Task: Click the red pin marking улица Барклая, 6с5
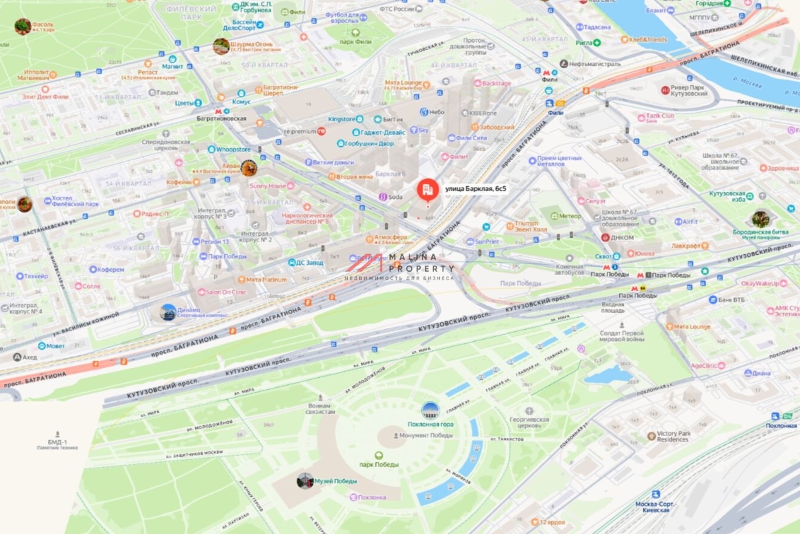click(427, 190)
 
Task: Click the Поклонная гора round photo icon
click(431, 411)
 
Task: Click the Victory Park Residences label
click(673, 436)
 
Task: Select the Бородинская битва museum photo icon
click(761, 218)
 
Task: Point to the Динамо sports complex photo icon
click(169, 311)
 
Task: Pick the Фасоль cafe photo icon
click(23, 26)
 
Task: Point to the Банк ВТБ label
click(733, 300)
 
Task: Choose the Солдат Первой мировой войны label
click(621, 336)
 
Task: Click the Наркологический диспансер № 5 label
click(307, 219)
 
